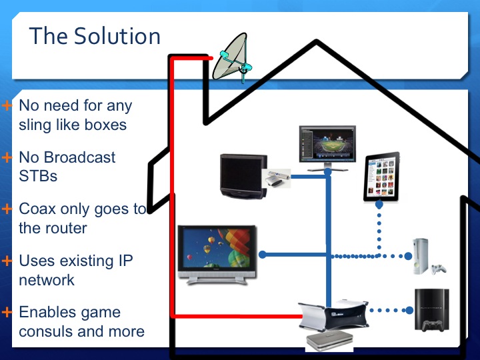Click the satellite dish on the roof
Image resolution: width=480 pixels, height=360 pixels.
(233, 58)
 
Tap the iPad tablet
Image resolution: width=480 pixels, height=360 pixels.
(382, 177)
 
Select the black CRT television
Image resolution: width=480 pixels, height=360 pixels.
(243, 176)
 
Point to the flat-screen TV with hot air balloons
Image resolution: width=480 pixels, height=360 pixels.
(217, 255)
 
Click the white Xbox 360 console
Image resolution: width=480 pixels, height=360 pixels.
(421, 256)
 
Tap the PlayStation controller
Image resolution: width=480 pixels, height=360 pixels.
(432, 326)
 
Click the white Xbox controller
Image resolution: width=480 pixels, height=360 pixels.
(439, 269)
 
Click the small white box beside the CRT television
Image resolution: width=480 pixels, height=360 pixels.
(277, 178)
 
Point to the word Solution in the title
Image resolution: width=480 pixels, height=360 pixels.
(117, 36)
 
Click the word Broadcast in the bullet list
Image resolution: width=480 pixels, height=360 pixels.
(79, 157)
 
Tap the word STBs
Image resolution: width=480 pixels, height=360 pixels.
(38, 176)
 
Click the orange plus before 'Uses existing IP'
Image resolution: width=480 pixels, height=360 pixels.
(7, 261)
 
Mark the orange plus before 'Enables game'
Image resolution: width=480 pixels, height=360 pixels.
(7, 312)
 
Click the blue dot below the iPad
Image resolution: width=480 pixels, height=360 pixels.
(379, 205)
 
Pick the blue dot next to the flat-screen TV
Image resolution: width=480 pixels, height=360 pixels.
(263, 255)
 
